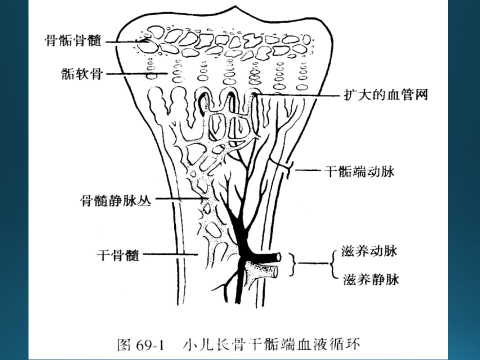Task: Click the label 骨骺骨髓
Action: pos(73,40)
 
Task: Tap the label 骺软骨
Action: pos(81,74)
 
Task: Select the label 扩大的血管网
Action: pos(385,95)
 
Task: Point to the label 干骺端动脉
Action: pos(359,171)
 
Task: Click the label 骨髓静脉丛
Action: pos(115,200)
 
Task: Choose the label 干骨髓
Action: pos(118,254)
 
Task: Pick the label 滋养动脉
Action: pos(369,251)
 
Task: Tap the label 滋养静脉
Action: pos(371,279)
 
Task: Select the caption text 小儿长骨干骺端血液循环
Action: pos(271,344)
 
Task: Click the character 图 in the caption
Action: pos(124,345)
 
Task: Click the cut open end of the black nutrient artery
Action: pos(278,257)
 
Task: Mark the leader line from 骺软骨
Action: pos(135,73)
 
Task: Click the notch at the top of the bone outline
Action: pos(234,6)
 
